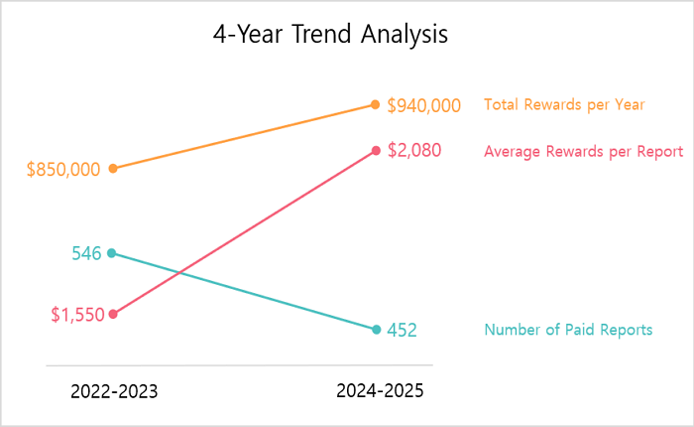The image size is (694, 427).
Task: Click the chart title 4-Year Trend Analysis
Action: [x=330, y=35]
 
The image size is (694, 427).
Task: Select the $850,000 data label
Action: [x=63, y=169]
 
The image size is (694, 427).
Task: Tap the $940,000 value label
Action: [x=423, y=105]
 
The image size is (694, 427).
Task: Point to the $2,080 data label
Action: [x=413, y=151]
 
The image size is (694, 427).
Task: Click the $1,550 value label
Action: [x=77, y=315]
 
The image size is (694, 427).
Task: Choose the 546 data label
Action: [x=86, y=253]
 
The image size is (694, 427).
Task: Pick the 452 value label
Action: [x=402, y=331]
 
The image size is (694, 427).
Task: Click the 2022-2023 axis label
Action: [x=113, y=391]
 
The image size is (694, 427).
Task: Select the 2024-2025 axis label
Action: [x=380, y=391]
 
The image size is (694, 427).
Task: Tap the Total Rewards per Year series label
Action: [x=564, y=104]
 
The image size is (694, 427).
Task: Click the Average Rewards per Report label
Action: [x=583, y=152]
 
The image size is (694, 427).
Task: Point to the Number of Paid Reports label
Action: [x=568, y=330]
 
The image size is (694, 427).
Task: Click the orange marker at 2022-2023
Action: [x=112, y=169]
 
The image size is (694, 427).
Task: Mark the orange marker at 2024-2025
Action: [x=376, y=104]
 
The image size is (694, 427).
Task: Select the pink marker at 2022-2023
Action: [x=112, y=314]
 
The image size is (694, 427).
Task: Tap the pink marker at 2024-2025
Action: [x=376, y=151]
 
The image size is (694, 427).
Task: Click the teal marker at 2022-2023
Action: [x=112, y=252]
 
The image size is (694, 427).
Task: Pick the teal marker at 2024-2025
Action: [x=376, y=330]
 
